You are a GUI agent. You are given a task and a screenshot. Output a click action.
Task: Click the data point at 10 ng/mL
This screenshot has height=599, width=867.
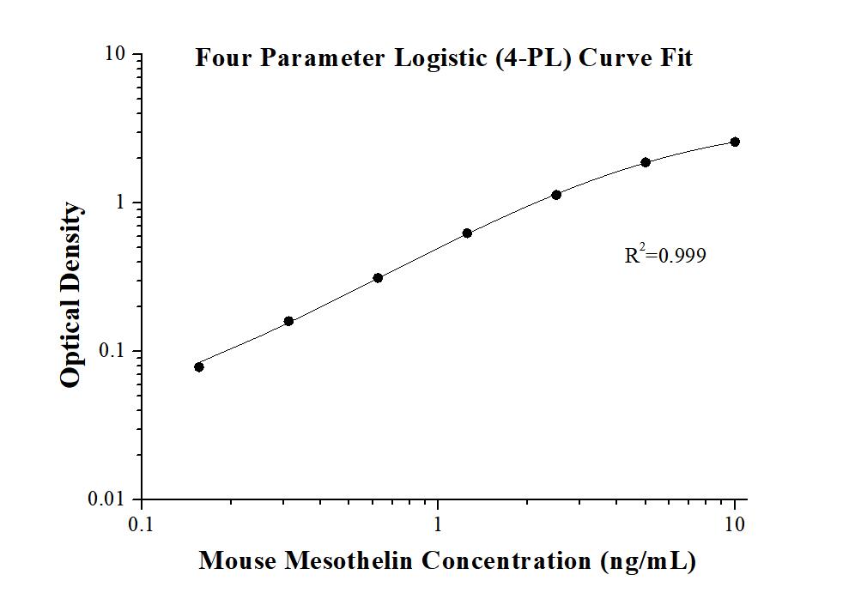[735, 142]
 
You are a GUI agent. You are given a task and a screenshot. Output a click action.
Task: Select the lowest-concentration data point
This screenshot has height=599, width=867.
[199, 366]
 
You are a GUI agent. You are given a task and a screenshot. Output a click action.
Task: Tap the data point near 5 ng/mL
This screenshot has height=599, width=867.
[646, 162]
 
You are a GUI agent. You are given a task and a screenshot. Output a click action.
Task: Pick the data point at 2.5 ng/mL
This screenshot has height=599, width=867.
[556, 195]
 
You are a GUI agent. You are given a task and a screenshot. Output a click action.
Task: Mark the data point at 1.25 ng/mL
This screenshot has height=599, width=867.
[467, 233]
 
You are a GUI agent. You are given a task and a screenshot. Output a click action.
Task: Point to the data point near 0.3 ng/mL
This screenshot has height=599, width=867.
[288, 321]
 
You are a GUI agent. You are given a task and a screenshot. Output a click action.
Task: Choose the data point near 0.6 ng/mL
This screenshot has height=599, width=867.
[378, 277]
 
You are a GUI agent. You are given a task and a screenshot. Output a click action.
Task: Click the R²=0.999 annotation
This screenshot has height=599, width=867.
[665, 255]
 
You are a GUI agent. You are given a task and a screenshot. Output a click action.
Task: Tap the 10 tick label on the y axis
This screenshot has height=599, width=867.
[115, 54]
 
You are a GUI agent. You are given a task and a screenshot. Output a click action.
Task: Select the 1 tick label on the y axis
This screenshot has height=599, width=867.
[120, 203]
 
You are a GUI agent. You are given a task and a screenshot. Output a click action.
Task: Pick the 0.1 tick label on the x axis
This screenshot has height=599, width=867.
[142, 523]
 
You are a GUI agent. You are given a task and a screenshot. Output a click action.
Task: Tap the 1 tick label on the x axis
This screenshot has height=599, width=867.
[439, 523]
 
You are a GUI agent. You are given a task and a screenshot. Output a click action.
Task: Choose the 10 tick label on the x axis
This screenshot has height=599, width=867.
[735, 523]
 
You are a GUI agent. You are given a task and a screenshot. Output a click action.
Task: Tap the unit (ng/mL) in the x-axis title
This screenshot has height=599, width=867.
[643, 562]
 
